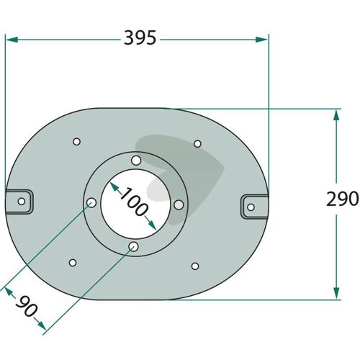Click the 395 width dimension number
point(140,38)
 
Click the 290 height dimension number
point(343,199)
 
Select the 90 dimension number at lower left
point(27,306)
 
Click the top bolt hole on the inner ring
point(136,161)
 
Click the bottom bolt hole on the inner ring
point(133,246)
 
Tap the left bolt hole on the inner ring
point(91,203)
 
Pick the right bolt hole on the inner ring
point(179,204)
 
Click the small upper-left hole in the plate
point(76,142)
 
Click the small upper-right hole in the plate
point(197,144)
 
